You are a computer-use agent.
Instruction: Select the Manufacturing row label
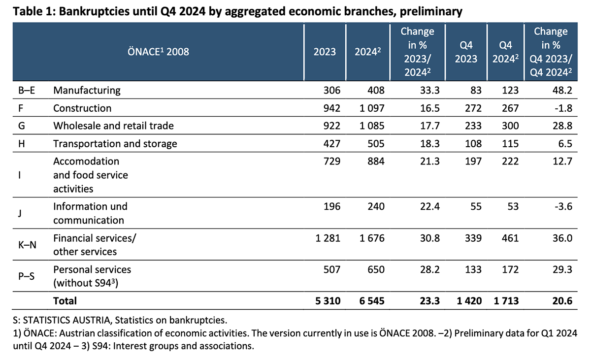(87, 90)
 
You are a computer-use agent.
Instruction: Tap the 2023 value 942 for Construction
(331, 108)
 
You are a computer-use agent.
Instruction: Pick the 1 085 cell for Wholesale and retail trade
(370, 126)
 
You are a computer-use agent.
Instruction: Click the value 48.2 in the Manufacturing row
(562, 90)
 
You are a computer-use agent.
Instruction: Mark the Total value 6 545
(370, 300)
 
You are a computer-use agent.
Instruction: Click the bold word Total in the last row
(65, 300)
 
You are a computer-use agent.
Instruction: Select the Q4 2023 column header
(465, 52)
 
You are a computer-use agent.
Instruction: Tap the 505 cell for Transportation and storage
(375, 144)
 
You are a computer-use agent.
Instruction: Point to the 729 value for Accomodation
(331, 162)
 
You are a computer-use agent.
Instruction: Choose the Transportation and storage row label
(115, 144)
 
